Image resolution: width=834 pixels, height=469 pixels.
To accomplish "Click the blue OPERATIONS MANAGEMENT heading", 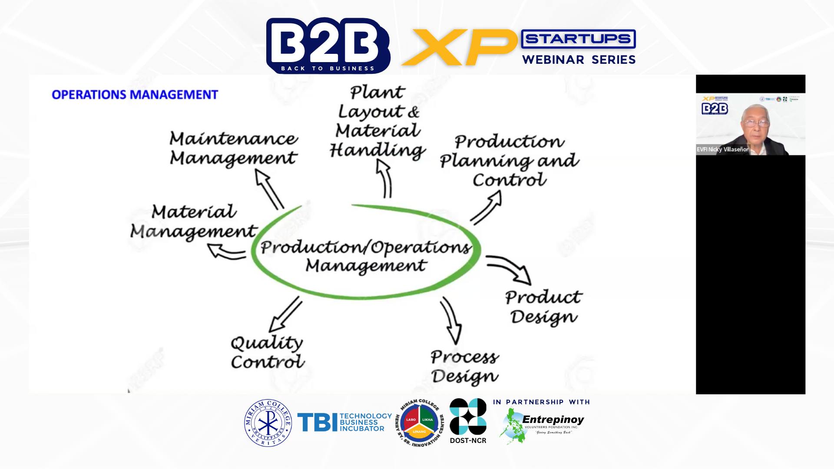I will (x=135, y=95).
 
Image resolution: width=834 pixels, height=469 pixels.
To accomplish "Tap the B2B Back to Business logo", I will (x=328, y=46).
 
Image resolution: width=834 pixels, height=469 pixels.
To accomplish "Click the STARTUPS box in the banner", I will (x=578, y=39).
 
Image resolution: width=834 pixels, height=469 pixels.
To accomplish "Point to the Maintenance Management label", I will (x=233, y=149).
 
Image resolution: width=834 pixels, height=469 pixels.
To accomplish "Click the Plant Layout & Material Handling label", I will (x=377, y=121).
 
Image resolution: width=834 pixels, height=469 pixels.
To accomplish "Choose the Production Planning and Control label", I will (x=509, y=161).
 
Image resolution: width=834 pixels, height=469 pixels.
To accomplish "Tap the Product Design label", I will (x=543, y=307).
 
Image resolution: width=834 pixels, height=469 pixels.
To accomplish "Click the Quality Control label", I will (x=267, y=352).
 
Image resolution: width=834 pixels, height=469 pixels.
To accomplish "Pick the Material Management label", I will (x=194, y=221).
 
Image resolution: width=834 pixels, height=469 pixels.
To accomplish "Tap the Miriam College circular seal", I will (x=268, y=423).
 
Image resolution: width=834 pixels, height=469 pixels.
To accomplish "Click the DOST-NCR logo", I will (x=468, y=421).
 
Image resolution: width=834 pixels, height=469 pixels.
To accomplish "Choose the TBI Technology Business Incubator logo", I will (x=344, y=422).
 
